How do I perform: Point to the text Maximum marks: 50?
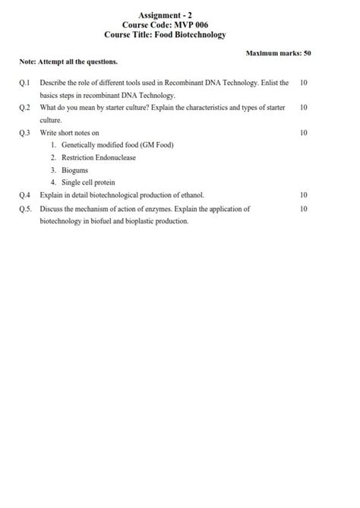click(279, 53)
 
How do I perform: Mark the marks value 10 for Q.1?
click(304, 82)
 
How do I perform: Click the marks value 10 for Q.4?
click(304, 195)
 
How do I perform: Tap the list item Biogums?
click(75, 170)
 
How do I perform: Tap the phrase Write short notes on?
click(69, 133)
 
